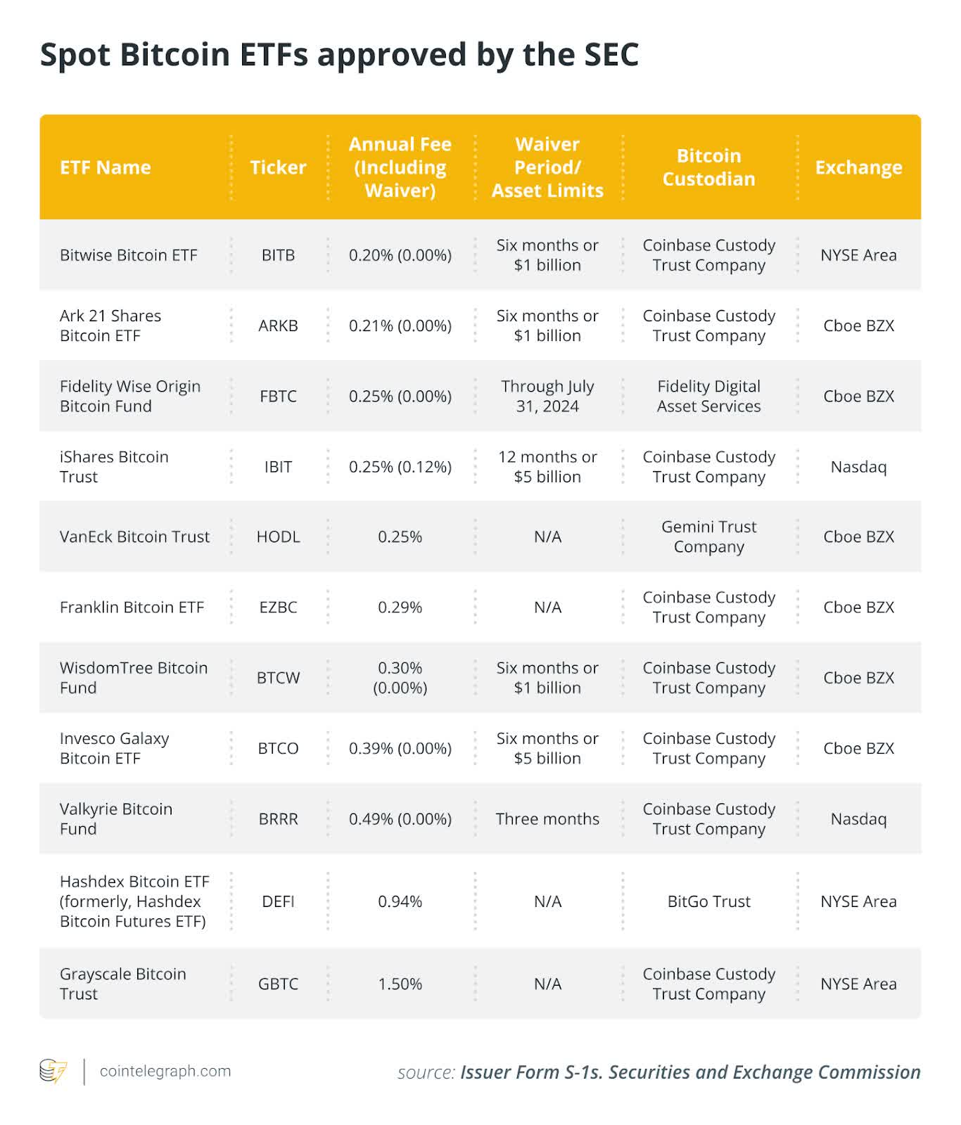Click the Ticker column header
278,167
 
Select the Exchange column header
858,167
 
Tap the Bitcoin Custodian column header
708,167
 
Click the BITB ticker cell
278,255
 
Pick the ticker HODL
278,536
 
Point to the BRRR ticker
278,819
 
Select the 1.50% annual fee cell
400,984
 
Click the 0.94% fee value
400,901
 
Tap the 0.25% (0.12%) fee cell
400,467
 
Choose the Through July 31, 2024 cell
547,396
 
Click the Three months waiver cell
547,819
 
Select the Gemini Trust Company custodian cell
708,536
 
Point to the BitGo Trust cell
708,901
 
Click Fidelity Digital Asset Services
708,396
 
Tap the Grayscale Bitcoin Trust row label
123,984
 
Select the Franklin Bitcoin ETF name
132,607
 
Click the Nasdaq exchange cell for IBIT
858,467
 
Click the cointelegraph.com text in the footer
165,1071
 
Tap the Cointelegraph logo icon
53,1072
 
